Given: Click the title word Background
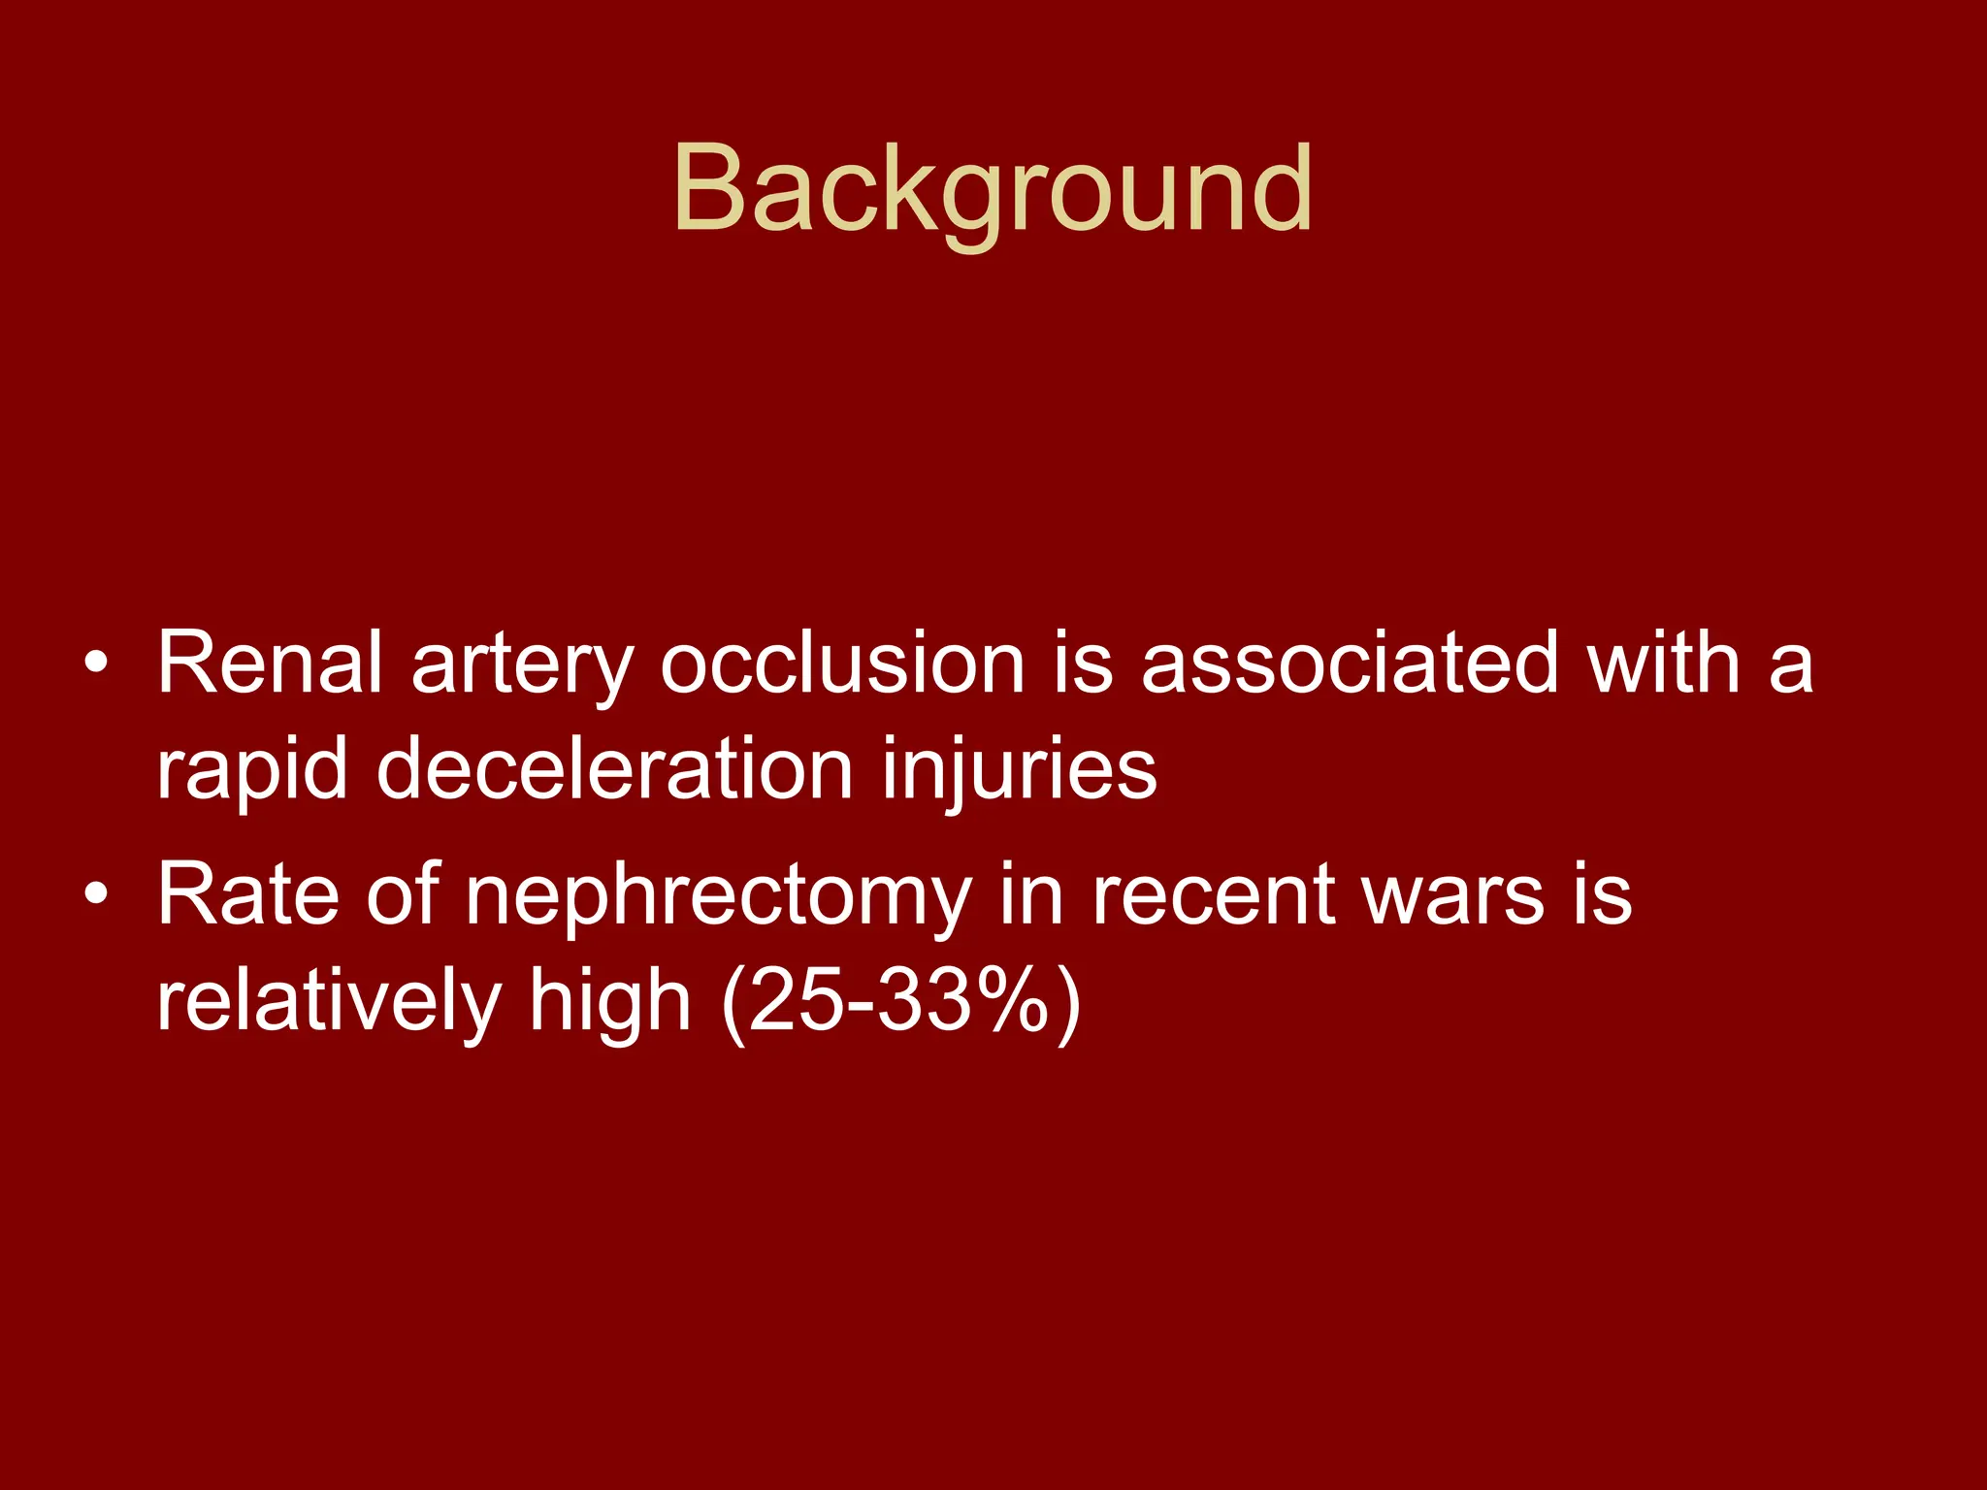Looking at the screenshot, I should coord(992,189).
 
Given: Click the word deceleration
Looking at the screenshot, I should coord(614,769).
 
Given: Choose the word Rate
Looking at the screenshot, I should coord(247,893).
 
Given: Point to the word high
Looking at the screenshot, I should coord(609,1002).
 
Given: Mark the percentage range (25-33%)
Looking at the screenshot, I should coord(901,1002).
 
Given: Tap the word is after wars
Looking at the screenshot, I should coord(1602,893).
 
